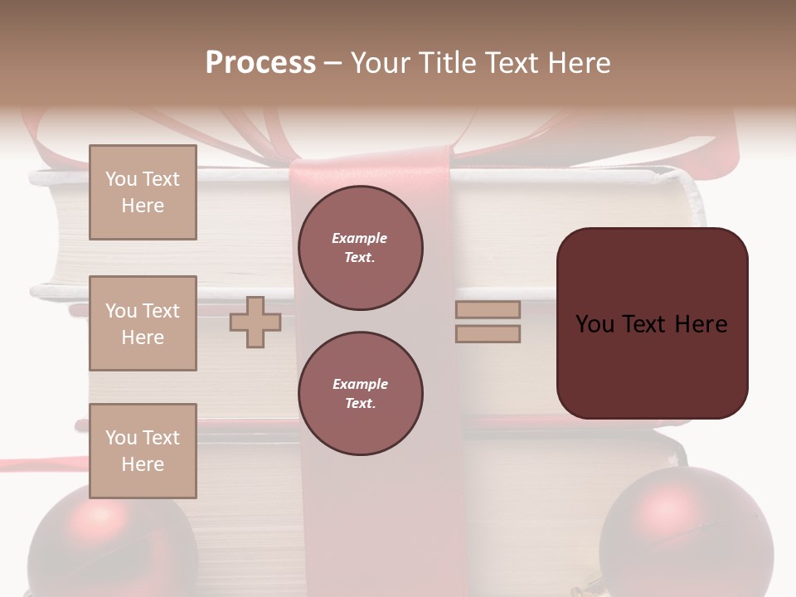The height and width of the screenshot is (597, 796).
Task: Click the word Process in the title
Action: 260,63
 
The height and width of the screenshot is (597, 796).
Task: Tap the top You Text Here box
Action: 143,192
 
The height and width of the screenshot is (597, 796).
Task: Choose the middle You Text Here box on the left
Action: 143,323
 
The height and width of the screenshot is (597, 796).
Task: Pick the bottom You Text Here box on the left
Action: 143,451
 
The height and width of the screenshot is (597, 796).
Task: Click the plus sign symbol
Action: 255,322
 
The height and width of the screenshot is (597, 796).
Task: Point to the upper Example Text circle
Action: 361,248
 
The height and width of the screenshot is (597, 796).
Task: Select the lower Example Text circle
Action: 361,394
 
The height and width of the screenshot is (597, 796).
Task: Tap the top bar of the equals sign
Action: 488,310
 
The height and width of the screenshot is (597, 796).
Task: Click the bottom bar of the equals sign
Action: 488,334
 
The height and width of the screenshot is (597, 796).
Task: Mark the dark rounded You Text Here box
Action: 652,323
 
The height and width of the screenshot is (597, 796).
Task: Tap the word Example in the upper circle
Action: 359,238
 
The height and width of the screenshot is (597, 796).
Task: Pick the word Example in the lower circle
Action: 360,384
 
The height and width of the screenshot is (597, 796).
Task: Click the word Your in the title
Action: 378,63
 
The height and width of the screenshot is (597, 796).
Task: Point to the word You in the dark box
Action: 595,324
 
